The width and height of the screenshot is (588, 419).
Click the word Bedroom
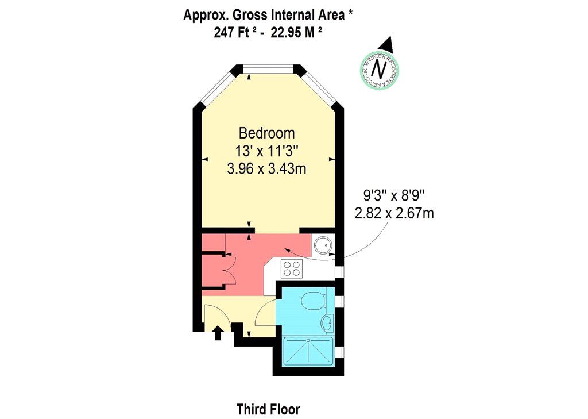(x=266, y=133)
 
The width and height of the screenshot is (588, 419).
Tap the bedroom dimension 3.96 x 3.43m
(x=266, y=169)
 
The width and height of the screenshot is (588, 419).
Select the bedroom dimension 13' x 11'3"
(x=266, y=151)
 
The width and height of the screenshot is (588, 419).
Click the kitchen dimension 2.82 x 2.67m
(x=394, y=214)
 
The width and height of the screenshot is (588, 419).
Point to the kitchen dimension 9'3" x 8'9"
(x=394, y=196)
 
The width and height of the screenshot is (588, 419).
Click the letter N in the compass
(x=379, y=69)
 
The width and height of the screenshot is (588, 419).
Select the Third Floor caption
(x=268, y=409)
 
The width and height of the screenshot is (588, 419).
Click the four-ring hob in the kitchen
(x=292, y=267)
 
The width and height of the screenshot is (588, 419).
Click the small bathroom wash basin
(x=327, y=322)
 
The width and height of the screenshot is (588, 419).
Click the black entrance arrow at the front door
(x=218, y=333)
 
